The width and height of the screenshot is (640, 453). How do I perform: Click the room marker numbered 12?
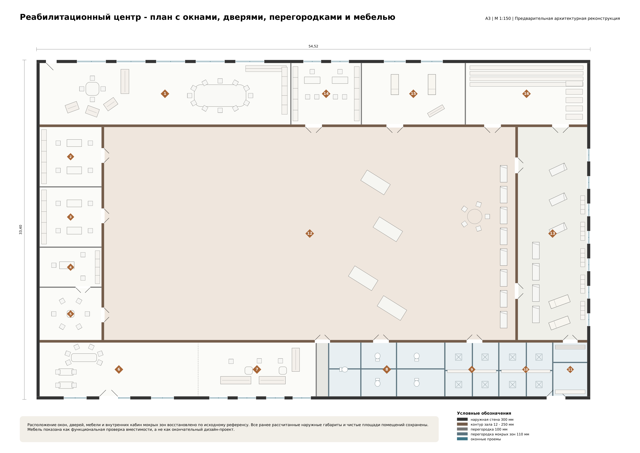310,233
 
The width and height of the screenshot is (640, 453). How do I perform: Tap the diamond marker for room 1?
165,94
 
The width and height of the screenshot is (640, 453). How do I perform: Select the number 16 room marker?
527,94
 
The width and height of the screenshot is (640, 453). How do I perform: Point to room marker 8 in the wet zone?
387,369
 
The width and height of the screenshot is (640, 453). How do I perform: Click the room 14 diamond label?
326,94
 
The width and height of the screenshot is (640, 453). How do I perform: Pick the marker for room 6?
119,369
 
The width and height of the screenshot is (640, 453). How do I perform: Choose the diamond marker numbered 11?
570,369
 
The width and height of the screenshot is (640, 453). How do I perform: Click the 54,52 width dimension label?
313,46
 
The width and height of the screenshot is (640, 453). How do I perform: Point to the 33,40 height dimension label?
21,230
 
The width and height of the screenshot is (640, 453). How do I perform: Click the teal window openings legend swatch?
462,439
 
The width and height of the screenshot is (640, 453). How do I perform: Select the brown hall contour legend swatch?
462,424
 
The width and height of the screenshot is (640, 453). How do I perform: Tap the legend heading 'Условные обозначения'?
484,413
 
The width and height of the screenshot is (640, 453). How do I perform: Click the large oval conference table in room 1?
220,96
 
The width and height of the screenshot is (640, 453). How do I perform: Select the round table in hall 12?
475,216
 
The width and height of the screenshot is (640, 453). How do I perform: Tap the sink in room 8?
345,369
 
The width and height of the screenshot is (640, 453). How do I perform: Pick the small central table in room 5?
71,314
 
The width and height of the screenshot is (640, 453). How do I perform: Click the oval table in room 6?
84,358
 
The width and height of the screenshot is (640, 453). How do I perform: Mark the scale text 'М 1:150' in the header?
503,18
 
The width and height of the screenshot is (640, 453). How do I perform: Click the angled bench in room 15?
436,111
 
